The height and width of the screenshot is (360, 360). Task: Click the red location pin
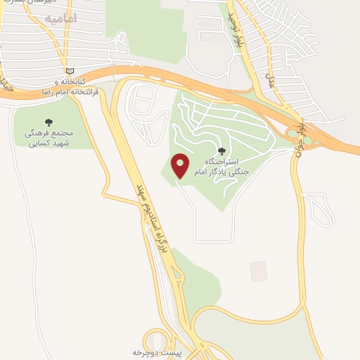click(x=181, y=165)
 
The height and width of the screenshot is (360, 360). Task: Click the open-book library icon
click(x=69, y=71)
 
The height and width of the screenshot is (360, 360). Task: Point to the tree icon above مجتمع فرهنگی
click(x=48, y=121)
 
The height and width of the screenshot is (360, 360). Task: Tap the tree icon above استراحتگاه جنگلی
click(x=223, y=150)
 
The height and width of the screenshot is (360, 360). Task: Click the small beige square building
click(x=259, y=271)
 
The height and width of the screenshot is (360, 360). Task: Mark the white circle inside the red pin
click(x=181, y=163)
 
